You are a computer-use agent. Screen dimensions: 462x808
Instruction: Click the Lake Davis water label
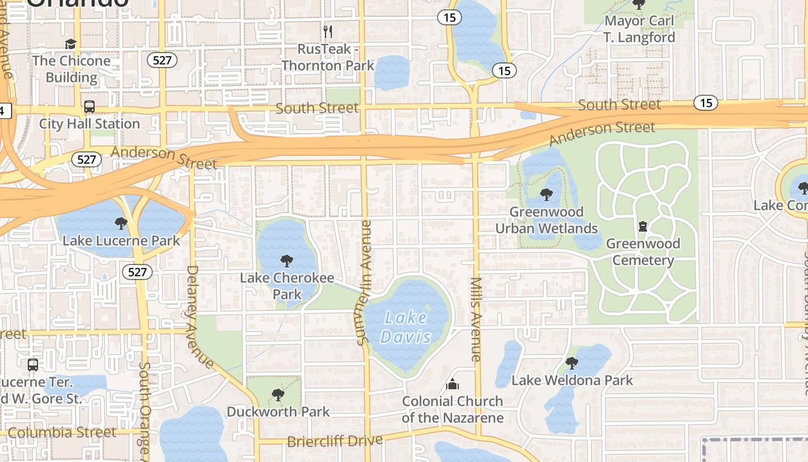[x=406, y=327]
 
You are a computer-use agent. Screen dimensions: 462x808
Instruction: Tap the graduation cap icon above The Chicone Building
[x=70, y=44]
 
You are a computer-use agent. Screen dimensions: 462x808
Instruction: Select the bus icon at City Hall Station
[x=89, y=107]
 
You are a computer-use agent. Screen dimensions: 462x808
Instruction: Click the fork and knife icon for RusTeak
[x=328, y=31]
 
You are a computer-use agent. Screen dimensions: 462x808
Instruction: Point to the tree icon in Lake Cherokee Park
[x=286, y=261]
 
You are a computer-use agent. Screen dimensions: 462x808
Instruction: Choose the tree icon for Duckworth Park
[x=278, y=395]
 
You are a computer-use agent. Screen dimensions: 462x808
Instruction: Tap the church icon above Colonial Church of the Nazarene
[x=453, y=384]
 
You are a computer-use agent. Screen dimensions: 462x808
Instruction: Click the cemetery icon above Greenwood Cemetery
[x=643, y=226]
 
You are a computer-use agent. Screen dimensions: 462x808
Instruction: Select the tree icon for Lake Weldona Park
[x=572, y=363]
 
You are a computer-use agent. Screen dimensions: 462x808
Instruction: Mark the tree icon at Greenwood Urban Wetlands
[x=546, y=195]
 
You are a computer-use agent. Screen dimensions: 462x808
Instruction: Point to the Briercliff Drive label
[x=335, y=441]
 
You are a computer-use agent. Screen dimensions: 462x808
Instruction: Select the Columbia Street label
[x=62, y=433]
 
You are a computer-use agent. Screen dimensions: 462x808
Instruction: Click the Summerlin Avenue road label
[x=364, y=283]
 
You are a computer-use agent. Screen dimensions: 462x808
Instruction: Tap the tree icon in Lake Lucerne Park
[x=121, y=223]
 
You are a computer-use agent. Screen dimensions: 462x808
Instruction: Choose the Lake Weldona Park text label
[x=572, y=381]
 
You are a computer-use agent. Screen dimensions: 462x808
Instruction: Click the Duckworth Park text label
[x=278, y=412]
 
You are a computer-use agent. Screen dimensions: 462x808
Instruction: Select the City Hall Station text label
[x=89, y=124]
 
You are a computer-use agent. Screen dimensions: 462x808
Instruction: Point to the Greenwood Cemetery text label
[x=643, y=252]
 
